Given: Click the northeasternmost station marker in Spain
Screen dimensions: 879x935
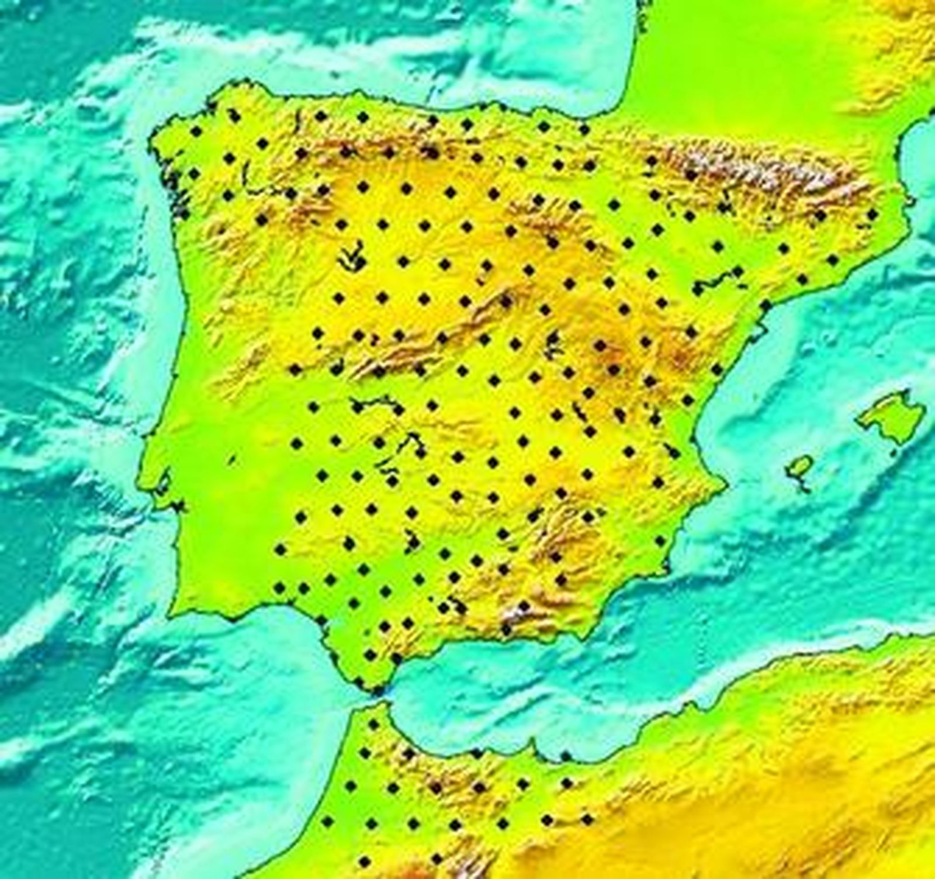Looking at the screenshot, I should (872, 214).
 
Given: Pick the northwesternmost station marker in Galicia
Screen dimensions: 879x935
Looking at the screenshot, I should (195, 131).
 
